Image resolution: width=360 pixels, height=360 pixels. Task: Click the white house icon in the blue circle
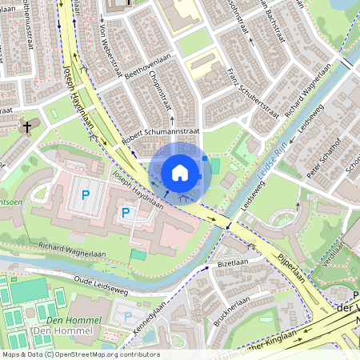pyautogui.click(x=180, y=173)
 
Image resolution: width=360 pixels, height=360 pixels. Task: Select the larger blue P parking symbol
pyautogui.click(x=86, y=195)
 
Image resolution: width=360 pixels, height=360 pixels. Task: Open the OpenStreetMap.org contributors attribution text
pyautogui.click(x=105, y=354)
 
